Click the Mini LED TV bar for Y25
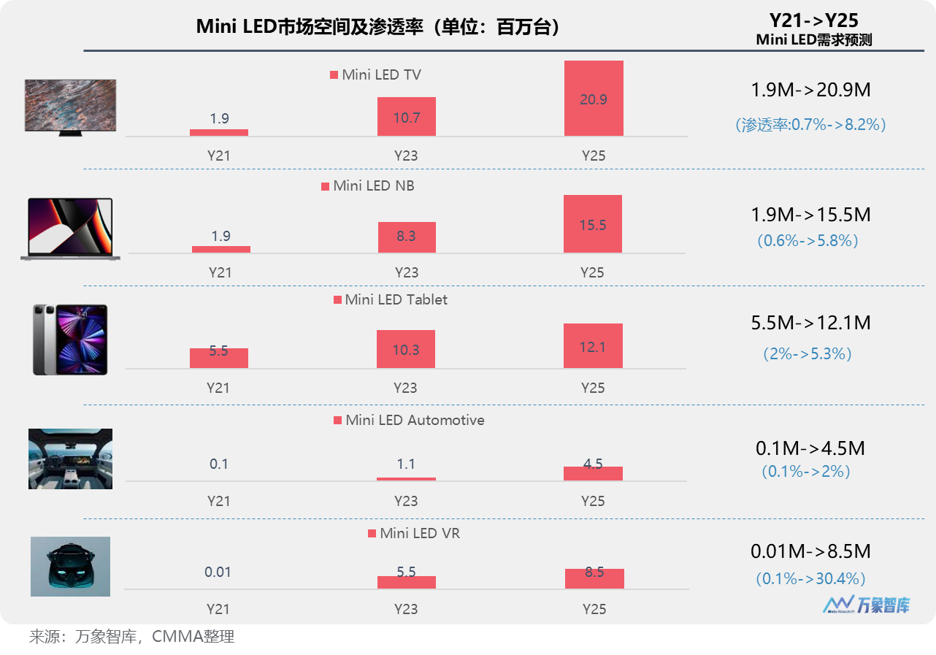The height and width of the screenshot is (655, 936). coord(594,98)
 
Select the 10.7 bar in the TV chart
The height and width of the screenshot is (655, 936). coord(406,117)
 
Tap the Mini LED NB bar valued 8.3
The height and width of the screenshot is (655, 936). coord(406,237)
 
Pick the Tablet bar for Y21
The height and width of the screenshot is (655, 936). coord(219,358)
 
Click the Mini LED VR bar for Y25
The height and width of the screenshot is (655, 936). coord(594,578)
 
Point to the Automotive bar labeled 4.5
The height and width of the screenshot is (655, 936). coord(593,473)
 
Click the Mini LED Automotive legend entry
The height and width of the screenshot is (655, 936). coord(409,421)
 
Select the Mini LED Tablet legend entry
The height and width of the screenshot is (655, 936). coord(390,300)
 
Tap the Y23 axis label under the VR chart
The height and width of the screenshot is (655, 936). coord(406,609)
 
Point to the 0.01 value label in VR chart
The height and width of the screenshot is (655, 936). coord(218,572)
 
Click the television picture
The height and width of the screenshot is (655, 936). coord(70,106)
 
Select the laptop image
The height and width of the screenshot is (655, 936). coord(70,229)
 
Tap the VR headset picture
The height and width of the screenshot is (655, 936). coord(70,567)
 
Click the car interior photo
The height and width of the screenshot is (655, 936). coord(70,459)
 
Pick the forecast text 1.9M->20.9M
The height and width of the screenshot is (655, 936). coord(810,91)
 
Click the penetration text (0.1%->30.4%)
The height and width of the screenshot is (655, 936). coord(810,578)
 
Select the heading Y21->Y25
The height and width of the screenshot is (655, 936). coord(813,20)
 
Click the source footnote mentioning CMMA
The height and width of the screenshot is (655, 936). coord(131,637)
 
